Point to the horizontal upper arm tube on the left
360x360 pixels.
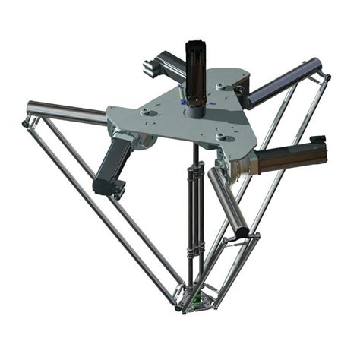coord(68,113)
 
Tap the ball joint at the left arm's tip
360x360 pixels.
coord(27,122)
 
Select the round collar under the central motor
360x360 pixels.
coord(195,109)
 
